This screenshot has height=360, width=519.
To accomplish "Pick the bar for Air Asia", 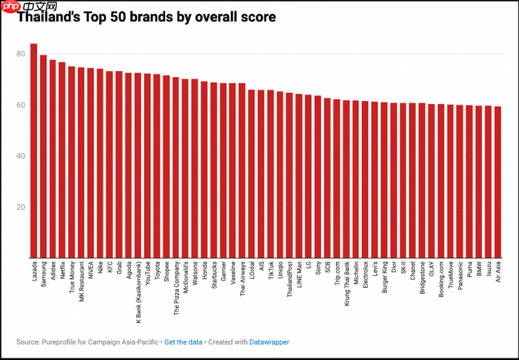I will coord(497,182).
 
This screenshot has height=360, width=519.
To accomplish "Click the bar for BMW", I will coord(478,182).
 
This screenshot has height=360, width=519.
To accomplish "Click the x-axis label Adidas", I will coord(53,270).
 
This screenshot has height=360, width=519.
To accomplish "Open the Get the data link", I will coord(183,342).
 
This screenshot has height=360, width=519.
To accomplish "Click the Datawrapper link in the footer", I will coord(269,342).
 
